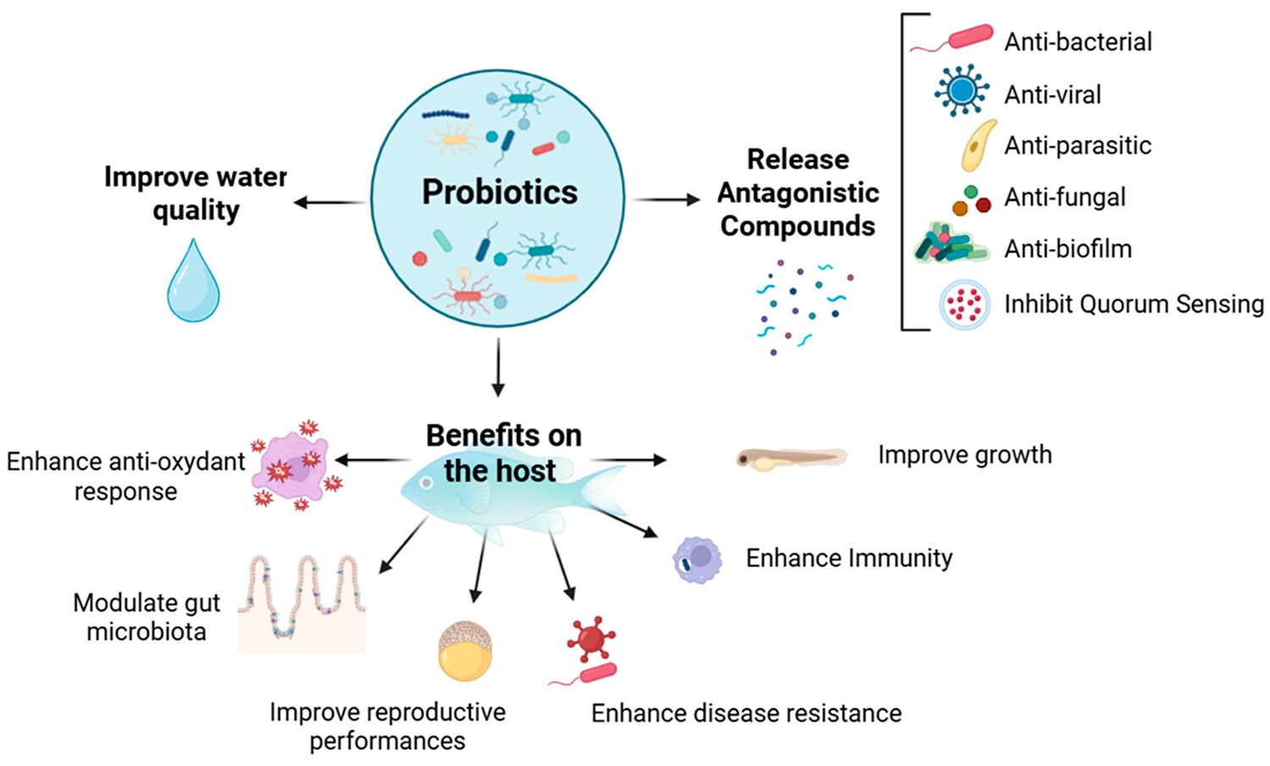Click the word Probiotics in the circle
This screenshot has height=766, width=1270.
(500, 192)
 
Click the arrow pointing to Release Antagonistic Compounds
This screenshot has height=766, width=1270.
(668, 200)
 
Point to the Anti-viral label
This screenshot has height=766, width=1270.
(1052, 95)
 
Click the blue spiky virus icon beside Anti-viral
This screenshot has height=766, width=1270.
(962, 90)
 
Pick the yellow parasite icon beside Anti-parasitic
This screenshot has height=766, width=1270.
(978, 146)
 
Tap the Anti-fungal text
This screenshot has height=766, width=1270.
(1064, 197)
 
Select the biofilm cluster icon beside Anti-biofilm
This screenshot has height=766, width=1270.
(951, 244)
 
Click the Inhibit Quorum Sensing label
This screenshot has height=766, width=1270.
(1134, 304)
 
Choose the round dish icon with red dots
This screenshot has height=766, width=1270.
(964, 304)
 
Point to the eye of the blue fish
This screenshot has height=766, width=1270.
(428, 482)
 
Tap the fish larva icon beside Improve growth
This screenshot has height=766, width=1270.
(791, 458)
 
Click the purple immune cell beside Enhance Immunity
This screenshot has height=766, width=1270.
(698, 559)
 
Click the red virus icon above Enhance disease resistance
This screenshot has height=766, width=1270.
(590, 639)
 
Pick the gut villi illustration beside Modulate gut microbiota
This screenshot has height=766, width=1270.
(301, 603)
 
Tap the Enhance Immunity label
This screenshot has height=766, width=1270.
(848, 558)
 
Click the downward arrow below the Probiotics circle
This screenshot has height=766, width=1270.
(498, 367)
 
